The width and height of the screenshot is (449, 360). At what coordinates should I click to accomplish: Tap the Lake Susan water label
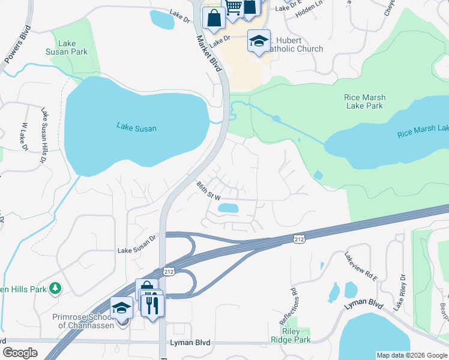pos(136,127)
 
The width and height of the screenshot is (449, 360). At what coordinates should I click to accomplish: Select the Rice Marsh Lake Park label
pos(364,101)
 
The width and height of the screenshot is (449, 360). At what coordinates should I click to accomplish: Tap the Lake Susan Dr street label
pos(136,250)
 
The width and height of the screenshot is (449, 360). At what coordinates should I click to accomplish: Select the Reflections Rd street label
pos(295,305)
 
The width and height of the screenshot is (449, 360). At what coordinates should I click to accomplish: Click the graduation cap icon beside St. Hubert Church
pos(259,40)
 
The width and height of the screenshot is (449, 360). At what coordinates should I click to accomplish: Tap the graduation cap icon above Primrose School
pos(122,307)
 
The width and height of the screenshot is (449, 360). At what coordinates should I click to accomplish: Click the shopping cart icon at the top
pos(233,7)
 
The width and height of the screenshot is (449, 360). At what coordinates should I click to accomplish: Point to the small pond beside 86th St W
pos(228,208)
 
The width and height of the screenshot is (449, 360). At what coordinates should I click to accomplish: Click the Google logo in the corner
pos(20,353)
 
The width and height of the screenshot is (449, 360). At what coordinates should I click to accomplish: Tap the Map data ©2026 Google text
pos(411,355)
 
